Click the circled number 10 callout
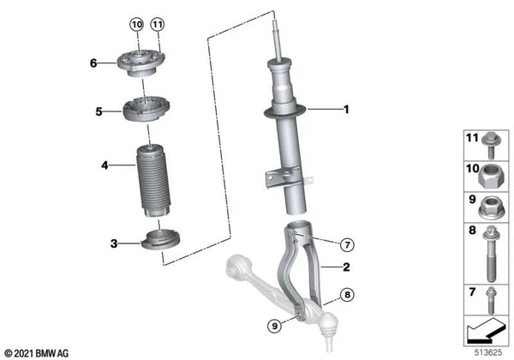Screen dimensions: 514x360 (x=137, y=24)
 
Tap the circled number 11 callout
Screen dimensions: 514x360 (x=158, y=24)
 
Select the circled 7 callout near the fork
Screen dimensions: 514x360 (x=347, y=244)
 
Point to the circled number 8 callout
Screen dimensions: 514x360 (x=347, y=295)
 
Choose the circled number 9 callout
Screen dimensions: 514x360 (x=274, y=326)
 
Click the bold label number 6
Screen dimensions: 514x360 (x=93, y=63)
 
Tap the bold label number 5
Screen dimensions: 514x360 (x=99, y=111)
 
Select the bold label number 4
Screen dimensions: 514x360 (x=105, y=165)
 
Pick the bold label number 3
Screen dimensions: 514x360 (x=114, y=243)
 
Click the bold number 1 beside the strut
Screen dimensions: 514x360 (x=346, y=110)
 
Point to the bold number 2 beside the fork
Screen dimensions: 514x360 (x=346, y=267)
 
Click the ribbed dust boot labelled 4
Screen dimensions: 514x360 (x=153, y=181)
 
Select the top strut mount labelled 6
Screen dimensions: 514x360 (x=141, y=63)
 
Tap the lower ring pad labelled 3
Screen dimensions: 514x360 (x=160, y=240)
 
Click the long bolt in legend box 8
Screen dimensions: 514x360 (x=490, y=254)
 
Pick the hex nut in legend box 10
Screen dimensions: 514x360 (x=488, y=177)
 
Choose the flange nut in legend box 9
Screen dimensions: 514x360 (x=489, y=207)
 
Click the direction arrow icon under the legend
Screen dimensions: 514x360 (x=486, y=330)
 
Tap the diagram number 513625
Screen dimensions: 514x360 (x=488, y=352)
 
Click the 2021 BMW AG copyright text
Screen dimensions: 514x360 (x=37, y=353)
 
